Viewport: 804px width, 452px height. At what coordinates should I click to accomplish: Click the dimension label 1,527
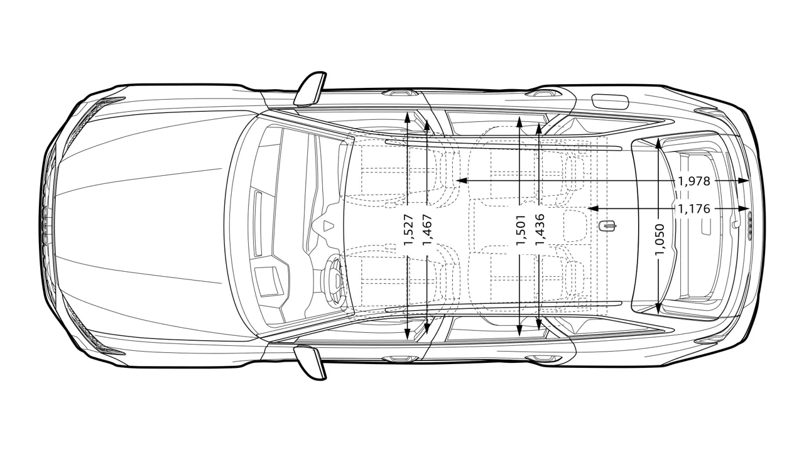click(409, 230)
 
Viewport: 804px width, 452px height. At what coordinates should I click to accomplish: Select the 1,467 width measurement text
click(428, 230)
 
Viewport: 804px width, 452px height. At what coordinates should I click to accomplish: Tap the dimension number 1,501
click(521, 230)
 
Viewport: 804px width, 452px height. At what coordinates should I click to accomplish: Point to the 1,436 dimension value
click(540, 230)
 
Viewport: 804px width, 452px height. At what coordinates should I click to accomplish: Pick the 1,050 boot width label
click(660, 240)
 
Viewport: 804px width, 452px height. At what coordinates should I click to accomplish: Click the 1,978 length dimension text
click(694, 181)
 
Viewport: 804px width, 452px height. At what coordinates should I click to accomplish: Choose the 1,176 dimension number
click(694, 208)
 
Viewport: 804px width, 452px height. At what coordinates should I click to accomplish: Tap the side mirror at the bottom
click(311, 362)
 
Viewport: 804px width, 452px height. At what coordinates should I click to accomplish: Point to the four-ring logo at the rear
click(749, 225)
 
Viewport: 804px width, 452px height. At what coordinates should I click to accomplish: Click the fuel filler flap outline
click(610, 101)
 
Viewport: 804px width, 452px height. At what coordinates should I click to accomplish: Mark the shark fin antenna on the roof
click(609, 226)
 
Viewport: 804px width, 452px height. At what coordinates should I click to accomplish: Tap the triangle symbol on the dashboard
click(329, 225)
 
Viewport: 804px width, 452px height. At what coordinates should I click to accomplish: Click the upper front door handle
click(400, 94)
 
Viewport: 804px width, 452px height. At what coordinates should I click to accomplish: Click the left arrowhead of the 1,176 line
click(593, 208)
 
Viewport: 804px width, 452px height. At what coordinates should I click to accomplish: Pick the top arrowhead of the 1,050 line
click(658, 143)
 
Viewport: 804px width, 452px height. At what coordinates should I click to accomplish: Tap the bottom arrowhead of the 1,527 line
click(408, 335)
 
